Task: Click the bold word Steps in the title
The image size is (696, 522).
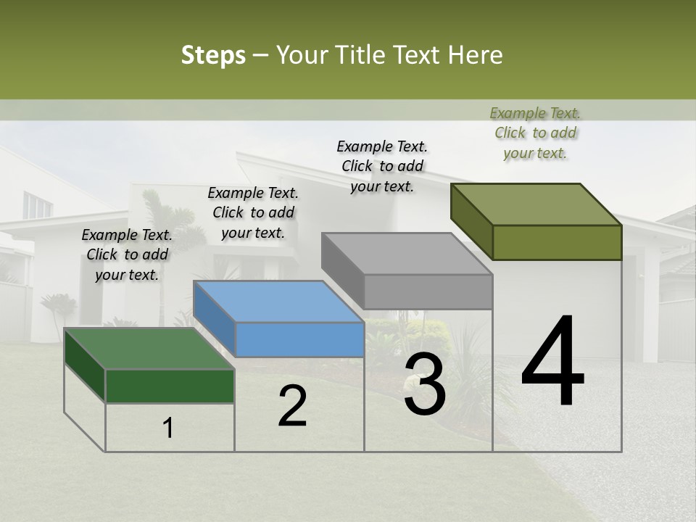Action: [x=213, y=55]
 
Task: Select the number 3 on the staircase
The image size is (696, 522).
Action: [x=424, y=385]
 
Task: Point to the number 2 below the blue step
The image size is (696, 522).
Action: [x=292, y=406]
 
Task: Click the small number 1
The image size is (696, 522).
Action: [x=168, y=428]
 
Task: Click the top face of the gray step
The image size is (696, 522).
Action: [x=407, y=254]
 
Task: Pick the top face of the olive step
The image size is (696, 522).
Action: [x=536, y=204]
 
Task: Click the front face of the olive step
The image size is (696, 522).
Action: [x=557, y=242]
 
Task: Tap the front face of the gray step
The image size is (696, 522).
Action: [x=428, y=291]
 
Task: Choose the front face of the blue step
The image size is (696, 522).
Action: [x=299, y=339]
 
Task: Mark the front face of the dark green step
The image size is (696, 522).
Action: [x=170, y=386]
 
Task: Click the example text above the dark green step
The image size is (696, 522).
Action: [x=127, y=254]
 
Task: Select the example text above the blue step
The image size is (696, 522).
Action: [x=253, y=212]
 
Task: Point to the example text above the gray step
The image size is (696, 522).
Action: [x=382, y=166]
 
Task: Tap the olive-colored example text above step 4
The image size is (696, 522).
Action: [x=535, y=133]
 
